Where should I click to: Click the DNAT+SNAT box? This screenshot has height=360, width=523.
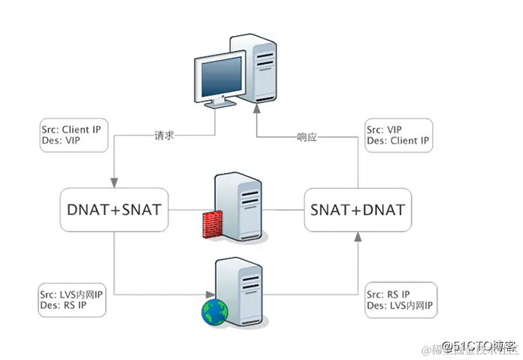[x=113, y=209]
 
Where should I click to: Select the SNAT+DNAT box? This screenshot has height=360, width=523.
[x=356, y=209]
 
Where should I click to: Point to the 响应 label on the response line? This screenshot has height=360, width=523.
[x=307, y=138]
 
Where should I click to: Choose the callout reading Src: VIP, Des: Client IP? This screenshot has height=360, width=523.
[x=398, y=135]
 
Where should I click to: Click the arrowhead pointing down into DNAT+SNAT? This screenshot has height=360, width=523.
[x=113, y=183]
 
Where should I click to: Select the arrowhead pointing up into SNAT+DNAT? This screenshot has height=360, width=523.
[x=356, y=237]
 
